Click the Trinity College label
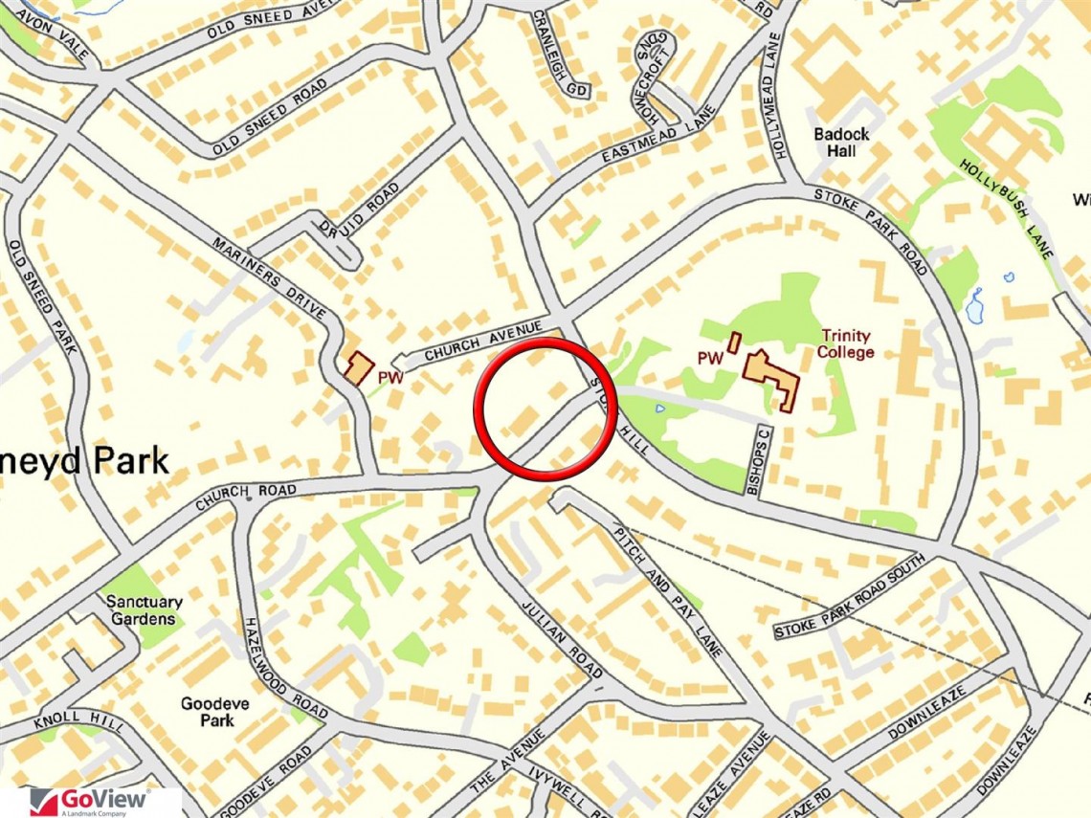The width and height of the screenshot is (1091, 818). pos(846,344)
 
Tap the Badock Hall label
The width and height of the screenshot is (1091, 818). pos(841,143)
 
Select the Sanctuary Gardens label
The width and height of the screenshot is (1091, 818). pos(145,610)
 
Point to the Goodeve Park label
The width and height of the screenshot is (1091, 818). pos(215,712)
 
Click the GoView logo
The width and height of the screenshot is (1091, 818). pos(90,801)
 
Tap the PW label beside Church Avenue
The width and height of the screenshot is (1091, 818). pos(390,379)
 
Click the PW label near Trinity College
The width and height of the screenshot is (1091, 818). pos(709,359)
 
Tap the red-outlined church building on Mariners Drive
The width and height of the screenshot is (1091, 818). pos(359,367)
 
